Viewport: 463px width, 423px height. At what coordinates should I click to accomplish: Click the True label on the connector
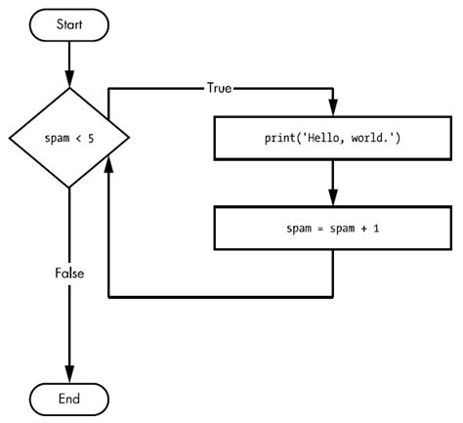(219, 87)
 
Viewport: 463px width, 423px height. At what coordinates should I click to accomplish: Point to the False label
(69, 275)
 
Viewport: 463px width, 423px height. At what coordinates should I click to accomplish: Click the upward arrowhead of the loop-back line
(106, 172)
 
